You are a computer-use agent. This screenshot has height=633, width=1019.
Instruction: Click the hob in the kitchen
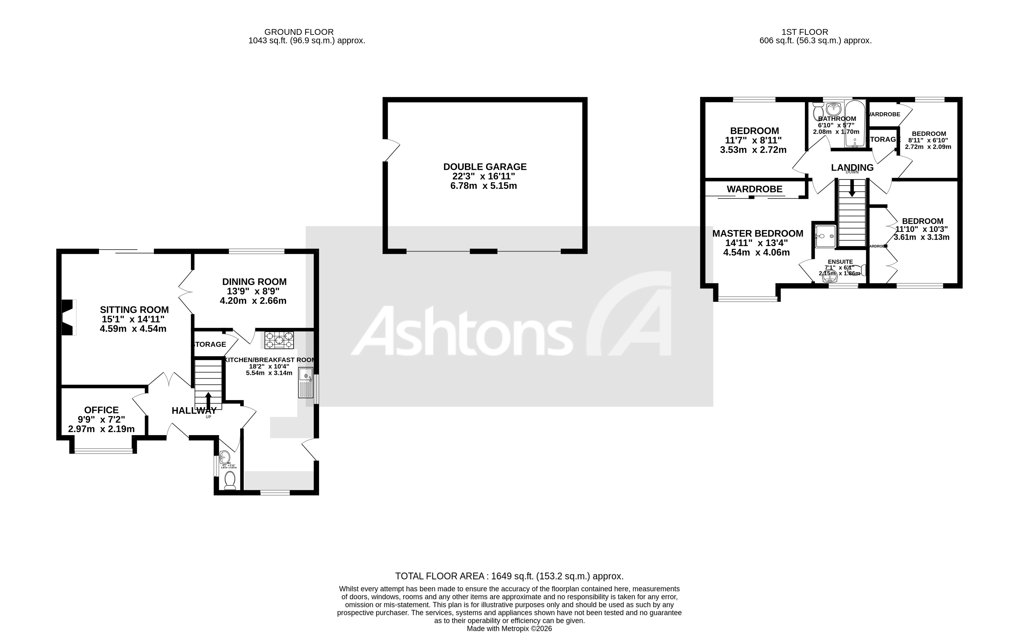click(x=279, y=340)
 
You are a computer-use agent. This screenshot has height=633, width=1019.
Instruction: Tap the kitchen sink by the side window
click(x=306, y=383)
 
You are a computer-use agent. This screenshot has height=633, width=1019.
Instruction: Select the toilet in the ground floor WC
click(x=230, y=480)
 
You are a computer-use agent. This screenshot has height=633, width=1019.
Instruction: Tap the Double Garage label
click(x=485, y=167)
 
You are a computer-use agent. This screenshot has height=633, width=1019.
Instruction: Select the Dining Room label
click(x=254, y=282)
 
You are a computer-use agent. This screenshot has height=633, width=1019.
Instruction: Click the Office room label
click(x=101, y=410)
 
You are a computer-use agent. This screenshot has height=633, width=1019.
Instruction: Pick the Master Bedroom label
click(x=758, y=234)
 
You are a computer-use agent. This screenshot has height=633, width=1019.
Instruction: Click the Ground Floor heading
click(x=299, y=32)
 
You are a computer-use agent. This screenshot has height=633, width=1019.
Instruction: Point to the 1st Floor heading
click(x=805, y=32)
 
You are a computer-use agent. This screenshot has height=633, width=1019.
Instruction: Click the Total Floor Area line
click(x=509, y=576)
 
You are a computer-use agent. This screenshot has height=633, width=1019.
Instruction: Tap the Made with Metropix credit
click(x=509, y=628)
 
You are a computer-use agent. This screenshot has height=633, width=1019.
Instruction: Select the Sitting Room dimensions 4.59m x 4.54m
click(x=133, y=329)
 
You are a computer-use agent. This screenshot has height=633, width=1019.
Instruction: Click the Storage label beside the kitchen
click(x=209, y=344)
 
